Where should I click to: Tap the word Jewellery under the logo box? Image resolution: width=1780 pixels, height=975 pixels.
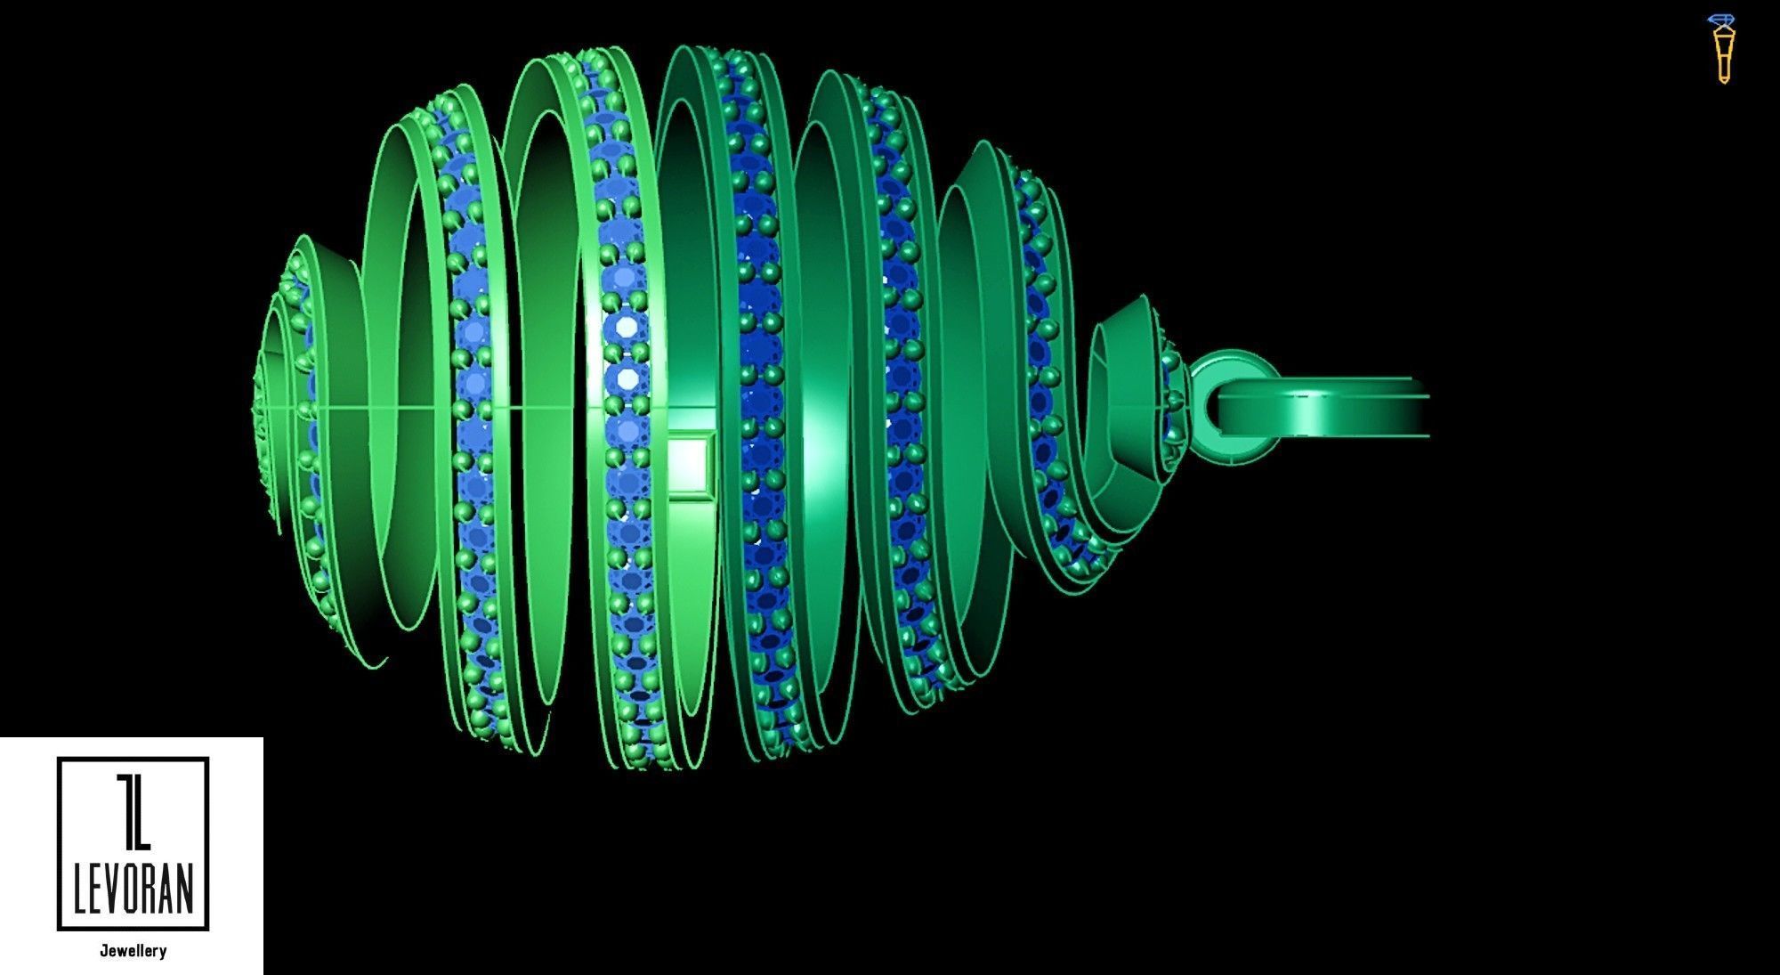click(x=133, y=951)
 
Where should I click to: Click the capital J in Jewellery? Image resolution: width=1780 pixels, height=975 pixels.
click(x=103, y=951)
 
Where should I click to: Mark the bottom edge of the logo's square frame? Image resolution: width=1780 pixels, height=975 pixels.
click(x=133, y=928)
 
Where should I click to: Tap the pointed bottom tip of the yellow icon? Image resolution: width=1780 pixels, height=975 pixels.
click(x=1724, y=81)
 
